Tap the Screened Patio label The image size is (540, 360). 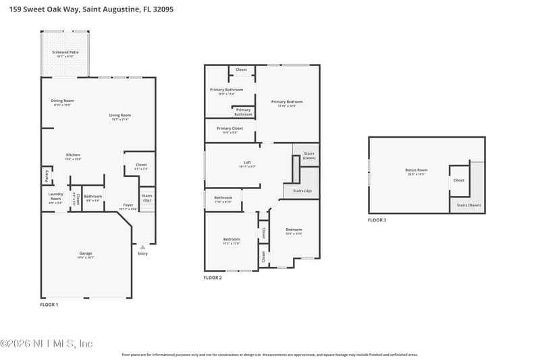(x=65, y=52)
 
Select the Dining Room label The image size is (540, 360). (x=63, y=101)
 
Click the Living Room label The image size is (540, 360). (x=120, y=115)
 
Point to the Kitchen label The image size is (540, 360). (x=73, y=155)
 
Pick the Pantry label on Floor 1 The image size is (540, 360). (x=47, y=175)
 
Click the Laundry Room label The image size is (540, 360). (x=55, y=197)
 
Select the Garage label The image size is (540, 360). (x=86, y=254)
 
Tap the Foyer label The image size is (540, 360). (x=128, y=205)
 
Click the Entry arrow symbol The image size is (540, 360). (x=142, y=248)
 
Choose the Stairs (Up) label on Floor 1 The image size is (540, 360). (x=146, y=197)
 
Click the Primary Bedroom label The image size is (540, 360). (x=287, y=102)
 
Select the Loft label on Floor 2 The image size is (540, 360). (x=247, y=163)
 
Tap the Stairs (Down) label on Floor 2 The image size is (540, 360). (x=309, y=155)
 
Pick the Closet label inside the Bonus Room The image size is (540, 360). (x=459, y=180)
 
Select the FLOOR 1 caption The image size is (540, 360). (x=49, y=305)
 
